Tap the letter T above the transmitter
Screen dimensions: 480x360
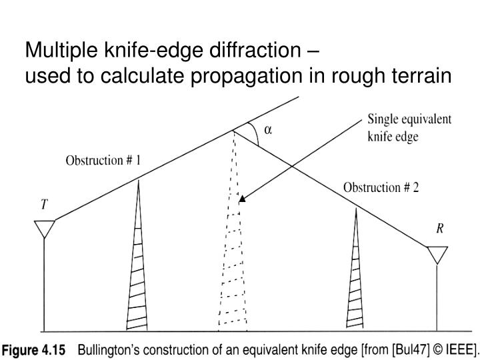[x=45, y=204]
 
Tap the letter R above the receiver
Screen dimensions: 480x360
[x=440, y=229]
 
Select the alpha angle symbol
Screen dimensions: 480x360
[x=268, y=130]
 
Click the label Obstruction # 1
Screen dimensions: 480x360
[x=103, y=161]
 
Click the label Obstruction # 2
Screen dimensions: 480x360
[x=381, y=187]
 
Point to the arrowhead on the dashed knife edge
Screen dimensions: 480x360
[x=242, y=199]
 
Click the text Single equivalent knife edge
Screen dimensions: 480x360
[x=409, y=127]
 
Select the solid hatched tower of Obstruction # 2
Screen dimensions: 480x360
[x=355, y=269]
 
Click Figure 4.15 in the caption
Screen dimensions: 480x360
[x=34, y=349]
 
